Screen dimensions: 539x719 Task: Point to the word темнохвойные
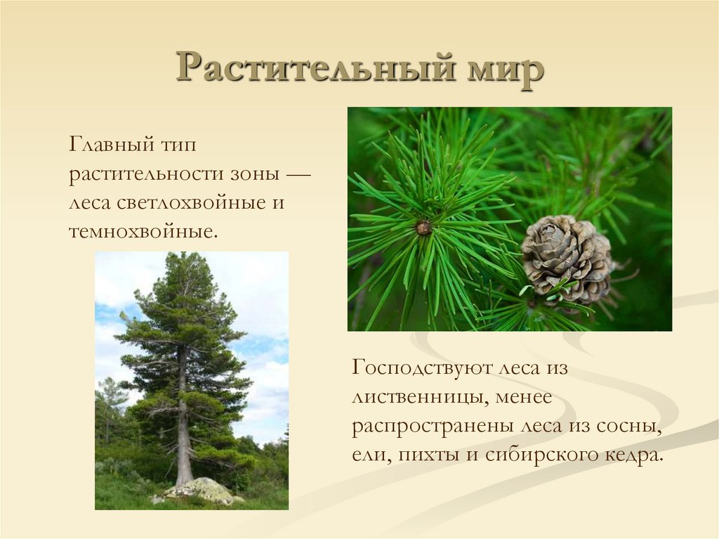click(140, 230)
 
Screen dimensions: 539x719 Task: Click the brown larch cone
click(566, 256)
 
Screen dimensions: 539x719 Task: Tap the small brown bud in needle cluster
click(423, 228)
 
